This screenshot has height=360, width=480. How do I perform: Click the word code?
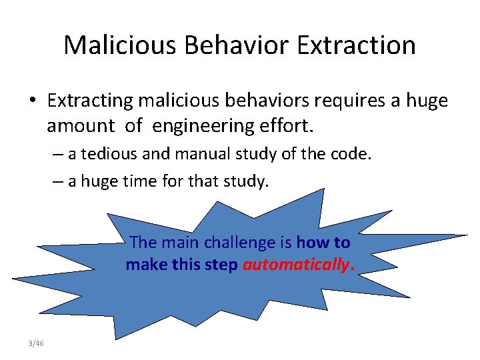coord(352,154)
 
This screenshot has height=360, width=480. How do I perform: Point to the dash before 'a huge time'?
coord(59,180)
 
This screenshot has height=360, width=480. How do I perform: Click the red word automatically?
coord(296,265)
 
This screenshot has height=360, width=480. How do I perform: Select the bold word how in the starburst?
coord(309,243)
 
